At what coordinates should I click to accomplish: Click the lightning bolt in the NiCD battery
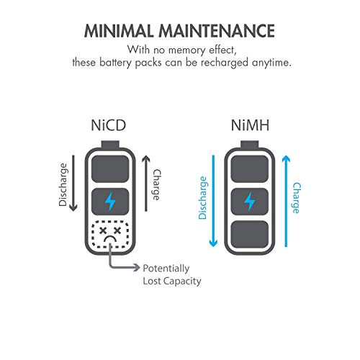[x=109, y=199]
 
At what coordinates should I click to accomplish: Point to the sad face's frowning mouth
[x=110, y=240]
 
